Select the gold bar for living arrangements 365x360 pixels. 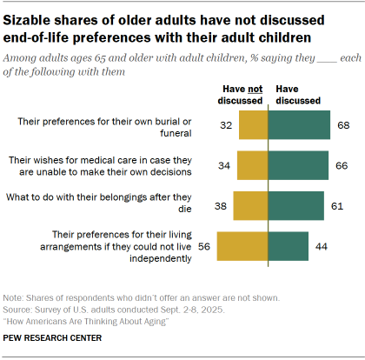pyautogui.click(x=242, y=246)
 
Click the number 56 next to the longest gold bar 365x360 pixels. pyautogui.click(x=205, y=246)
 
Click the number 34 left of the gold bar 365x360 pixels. pyautogui.click(x=224, y=165)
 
